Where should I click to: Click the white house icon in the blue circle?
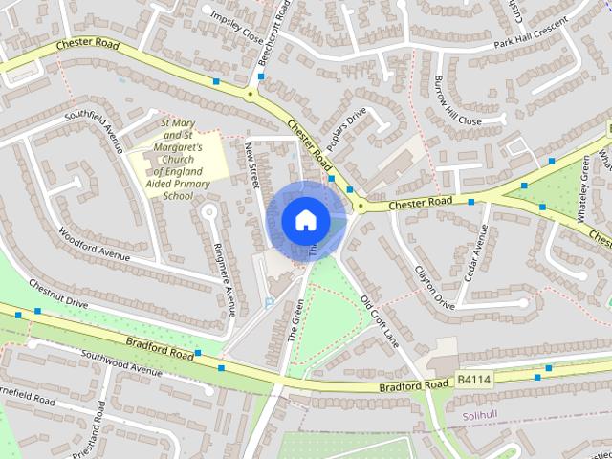coord(304,220)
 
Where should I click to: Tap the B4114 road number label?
coord(473,381)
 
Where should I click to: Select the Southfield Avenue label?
coord(95,132)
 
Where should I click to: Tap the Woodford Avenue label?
coord(94,244)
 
